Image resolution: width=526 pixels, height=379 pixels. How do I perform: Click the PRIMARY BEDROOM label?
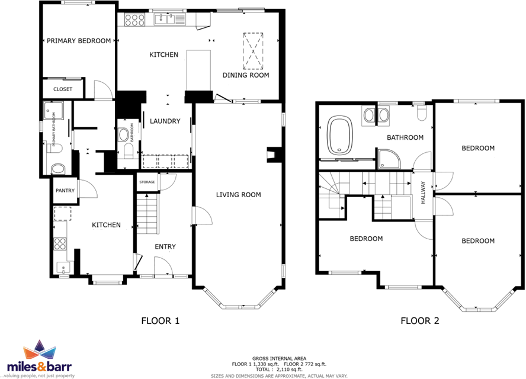(x=79, y=41)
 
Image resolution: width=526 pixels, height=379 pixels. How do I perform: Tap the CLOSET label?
(x=63, y=89)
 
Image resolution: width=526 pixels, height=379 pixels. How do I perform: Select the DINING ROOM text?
(x=246, y=75)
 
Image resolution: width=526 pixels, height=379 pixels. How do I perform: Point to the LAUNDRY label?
(x=165, y=121)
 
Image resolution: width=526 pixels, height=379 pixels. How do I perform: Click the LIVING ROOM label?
(x=238, y=195)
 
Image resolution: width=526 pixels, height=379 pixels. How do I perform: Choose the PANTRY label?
(x=64, y=191)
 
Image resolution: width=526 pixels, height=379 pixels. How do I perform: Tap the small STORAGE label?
(x=147, y=182)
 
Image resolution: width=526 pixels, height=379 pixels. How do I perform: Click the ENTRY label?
(x=165, y=247)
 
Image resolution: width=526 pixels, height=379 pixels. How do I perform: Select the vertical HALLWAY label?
(x=423, y=192)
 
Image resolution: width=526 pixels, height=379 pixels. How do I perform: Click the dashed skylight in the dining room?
(x=254, y=51)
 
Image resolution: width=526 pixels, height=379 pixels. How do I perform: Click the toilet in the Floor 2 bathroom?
(x=421, y=112)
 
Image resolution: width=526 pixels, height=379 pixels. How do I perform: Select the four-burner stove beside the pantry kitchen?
(x=60, y=243)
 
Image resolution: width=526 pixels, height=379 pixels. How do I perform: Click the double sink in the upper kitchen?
(x=170, y=20)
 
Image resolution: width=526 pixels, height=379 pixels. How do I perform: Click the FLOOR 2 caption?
(x=419, y=322)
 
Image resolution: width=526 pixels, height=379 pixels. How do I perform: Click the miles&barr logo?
(x=40, y=359)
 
